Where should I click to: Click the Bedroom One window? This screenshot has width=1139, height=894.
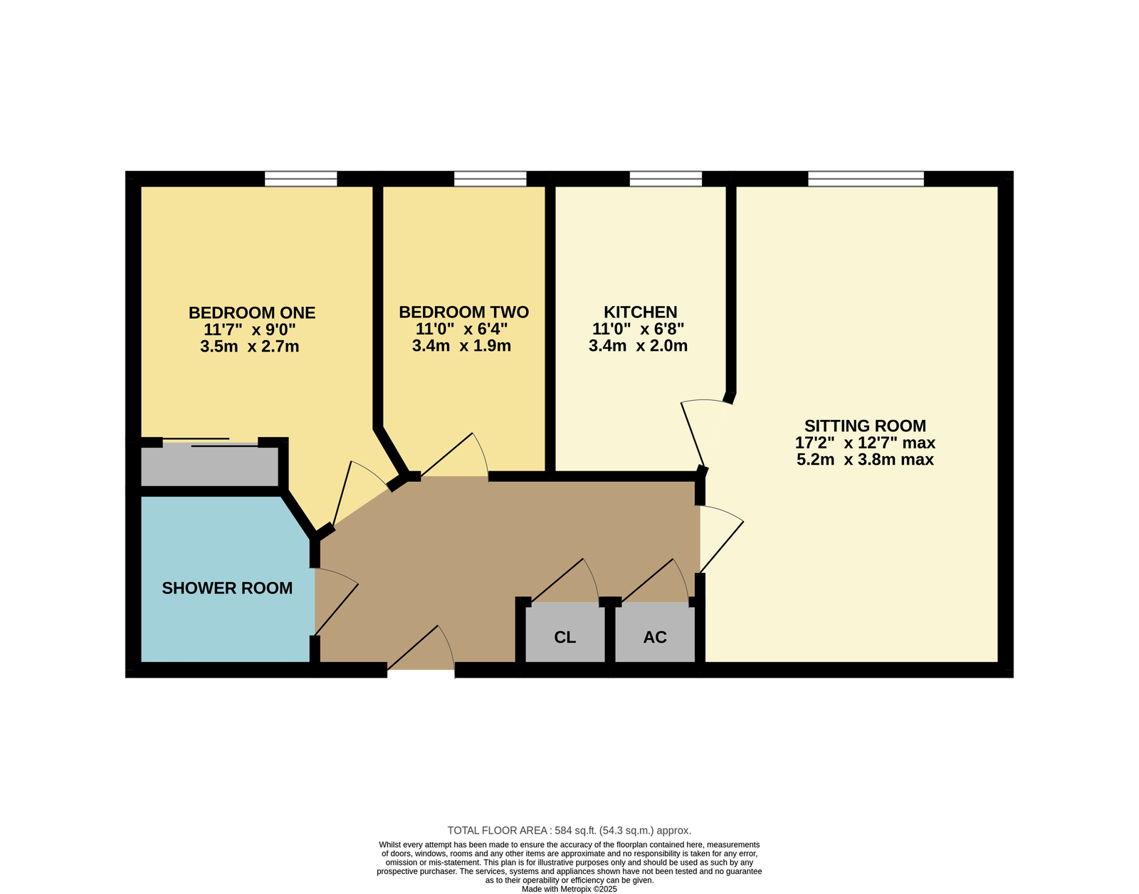[x=300, y=179]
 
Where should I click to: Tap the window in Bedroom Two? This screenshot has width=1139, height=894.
[x=490, y=179]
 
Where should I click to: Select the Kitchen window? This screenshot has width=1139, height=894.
[x=666, y=179]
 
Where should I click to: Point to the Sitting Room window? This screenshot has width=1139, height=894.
[x=866, y=179]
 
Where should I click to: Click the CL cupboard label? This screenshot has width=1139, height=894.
[x=565, y=637]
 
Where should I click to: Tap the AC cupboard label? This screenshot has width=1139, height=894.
[x=655, y=637]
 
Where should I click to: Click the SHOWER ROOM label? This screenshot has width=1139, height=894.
[x=227, y=588]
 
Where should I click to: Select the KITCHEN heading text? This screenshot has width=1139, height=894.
[x=641, y=312]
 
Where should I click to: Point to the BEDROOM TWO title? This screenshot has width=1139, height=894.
[x=464, y=312]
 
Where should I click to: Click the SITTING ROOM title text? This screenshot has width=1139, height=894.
[x=866, y=426]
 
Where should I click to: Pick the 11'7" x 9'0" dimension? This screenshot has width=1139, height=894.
[x=250, y=330]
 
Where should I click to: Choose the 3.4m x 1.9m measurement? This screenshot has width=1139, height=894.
[x=461, y=346]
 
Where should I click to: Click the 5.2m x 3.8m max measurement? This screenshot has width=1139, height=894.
[x=866, y=460]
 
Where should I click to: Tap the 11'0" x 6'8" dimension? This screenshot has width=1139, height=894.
[x=639, y=329]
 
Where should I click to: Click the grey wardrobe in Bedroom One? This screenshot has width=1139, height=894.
[x=210, y=466]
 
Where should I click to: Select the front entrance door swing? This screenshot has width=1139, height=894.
[x=421, y=648]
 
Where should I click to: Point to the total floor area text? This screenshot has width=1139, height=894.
[x=569, y=831]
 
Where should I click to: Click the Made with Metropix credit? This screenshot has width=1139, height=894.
[x=569, y=889]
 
